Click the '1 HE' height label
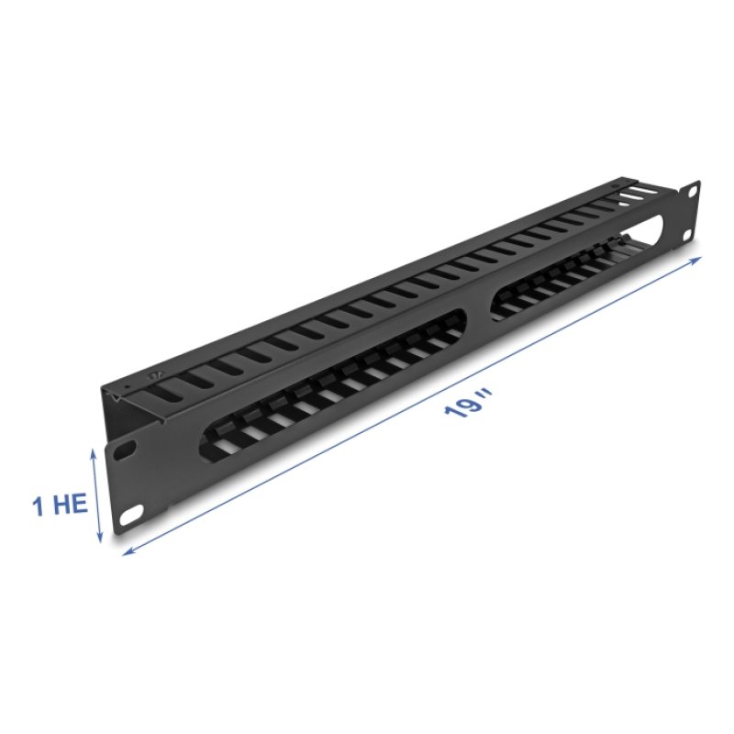click(61, 506)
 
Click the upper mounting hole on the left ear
click(123, 450)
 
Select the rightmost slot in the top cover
click(632, 197)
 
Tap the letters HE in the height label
click(72, 506)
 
